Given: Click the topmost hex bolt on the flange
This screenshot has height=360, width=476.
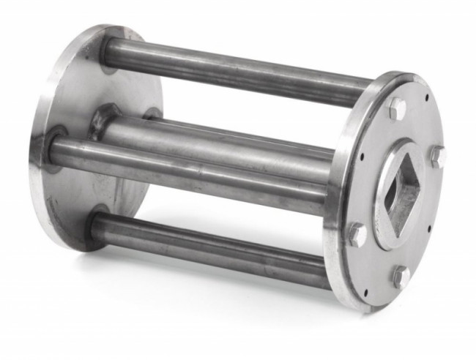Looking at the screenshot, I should [x=396, y=108].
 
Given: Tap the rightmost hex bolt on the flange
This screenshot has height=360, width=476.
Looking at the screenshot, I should [x=437, y=156].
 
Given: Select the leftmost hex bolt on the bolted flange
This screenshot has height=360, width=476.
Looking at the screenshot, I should [x=357, y=233].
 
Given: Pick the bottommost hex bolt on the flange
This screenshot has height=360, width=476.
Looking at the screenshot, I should [x=401, y=277].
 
